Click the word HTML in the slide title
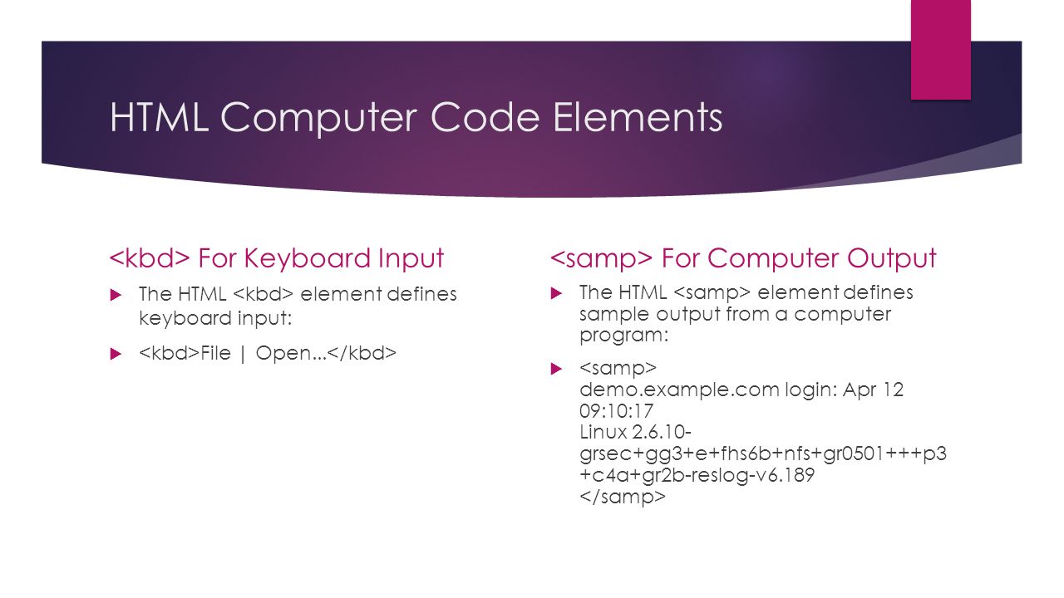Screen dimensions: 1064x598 (x=159, y=116)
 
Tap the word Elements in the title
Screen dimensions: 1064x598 (x=638, y=116)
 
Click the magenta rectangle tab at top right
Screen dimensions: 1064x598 (x=940, y=50)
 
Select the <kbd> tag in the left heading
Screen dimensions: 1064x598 (x=150, y=257)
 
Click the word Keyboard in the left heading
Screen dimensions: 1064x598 (x=308, y=258)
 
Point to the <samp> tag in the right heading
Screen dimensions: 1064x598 (x=601, y=258)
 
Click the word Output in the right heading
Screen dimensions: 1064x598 (x=891, y=258)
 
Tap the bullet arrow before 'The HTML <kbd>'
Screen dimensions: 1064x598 (x=116, y=295)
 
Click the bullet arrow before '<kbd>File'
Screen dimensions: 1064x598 (x=116, y=354)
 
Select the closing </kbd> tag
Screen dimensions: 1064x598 (x=362, y=353)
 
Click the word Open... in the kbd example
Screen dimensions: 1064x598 (x=291, y=354)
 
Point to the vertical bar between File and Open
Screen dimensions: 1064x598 (x=244, y=354)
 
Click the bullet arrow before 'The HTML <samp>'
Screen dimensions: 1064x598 (x=556, y=293)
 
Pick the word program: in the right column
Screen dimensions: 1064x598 (x=623, y=336)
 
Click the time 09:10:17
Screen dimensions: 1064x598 (x=616, y=410)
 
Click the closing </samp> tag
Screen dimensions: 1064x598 (x=623, y=497)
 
